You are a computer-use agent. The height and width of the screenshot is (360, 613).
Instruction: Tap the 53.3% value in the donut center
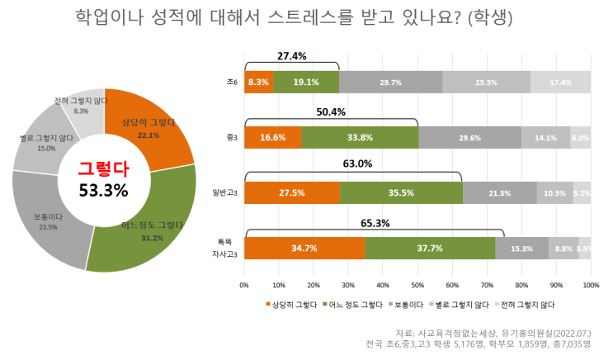click(103, 190)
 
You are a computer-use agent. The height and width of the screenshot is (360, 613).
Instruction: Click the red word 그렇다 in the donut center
click(103, 168)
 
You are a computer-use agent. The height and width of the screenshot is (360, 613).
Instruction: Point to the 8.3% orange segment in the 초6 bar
click(258, 83)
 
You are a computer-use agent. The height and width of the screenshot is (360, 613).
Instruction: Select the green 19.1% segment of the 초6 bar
click(306, 83)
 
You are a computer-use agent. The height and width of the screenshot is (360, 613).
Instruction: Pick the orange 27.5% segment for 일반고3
click(292, 193)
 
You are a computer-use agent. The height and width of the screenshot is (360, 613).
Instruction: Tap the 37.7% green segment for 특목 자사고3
click(429, 248)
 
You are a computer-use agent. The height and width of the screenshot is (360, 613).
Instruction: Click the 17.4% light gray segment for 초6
click(560, 83)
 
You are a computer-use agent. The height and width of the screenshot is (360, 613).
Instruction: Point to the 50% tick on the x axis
click(417, 285)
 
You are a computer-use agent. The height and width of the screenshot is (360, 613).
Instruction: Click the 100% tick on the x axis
click(591, 285)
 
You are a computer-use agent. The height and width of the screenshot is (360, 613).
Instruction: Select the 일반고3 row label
click(225, 193)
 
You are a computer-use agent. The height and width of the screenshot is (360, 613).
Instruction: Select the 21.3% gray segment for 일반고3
click(499, 193)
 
